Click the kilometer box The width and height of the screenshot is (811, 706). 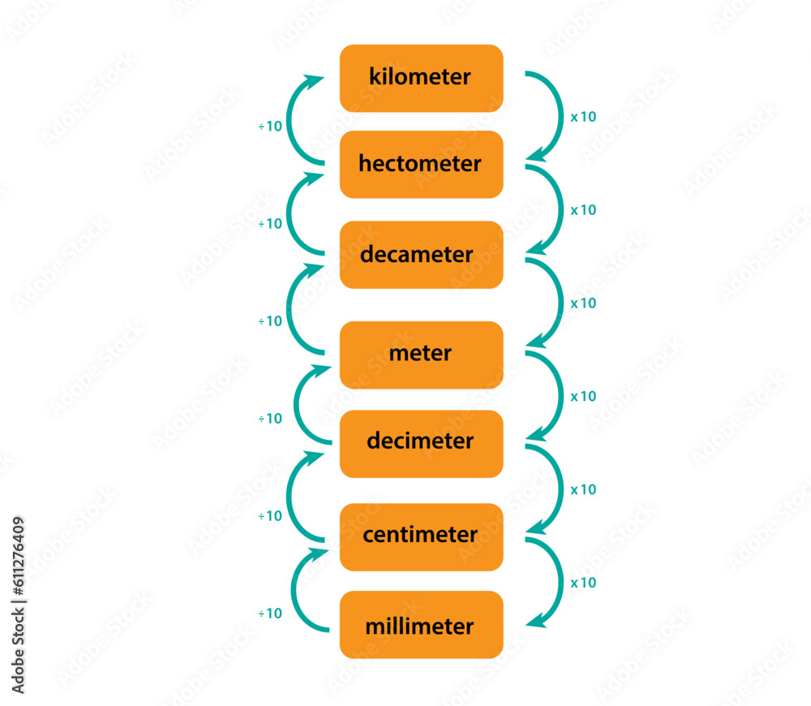click(x=421, y=78)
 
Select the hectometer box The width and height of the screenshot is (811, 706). click(x=421, y=165)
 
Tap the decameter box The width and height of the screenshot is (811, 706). click(x=421, y=255)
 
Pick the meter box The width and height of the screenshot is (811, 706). click(x=421, y=355)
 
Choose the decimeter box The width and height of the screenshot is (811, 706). click(x=421, y=444)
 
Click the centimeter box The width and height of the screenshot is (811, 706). click(x=421, y=537)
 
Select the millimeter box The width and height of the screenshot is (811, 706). click(x=421, y=625)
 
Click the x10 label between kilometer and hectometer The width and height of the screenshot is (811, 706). click(x=583, y=117)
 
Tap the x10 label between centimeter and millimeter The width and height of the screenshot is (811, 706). click(x=583, y=583)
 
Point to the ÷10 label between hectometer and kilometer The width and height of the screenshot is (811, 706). click(x=270, y=126)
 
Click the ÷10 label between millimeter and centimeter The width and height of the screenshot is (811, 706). click(x=270, y=613)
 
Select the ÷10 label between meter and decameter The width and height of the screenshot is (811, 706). click(x=270, y=321)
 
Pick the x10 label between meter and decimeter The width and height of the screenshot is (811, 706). click(x=583, y=397)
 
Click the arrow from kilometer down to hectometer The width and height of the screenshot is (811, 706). click(x=561, y=117)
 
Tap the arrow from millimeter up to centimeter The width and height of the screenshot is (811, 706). click(x=294, y=590)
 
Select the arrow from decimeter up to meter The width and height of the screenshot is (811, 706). click(x=296, y=405)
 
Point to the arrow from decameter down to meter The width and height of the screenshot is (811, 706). click(x=561, y=303)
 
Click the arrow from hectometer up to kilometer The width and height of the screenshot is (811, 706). click(x=289, y=120)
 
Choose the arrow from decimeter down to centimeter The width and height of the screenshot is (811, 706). click(x=561, y=489)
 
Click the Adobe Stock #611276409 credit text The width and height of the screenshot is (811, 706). click(x=18, y=605)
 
